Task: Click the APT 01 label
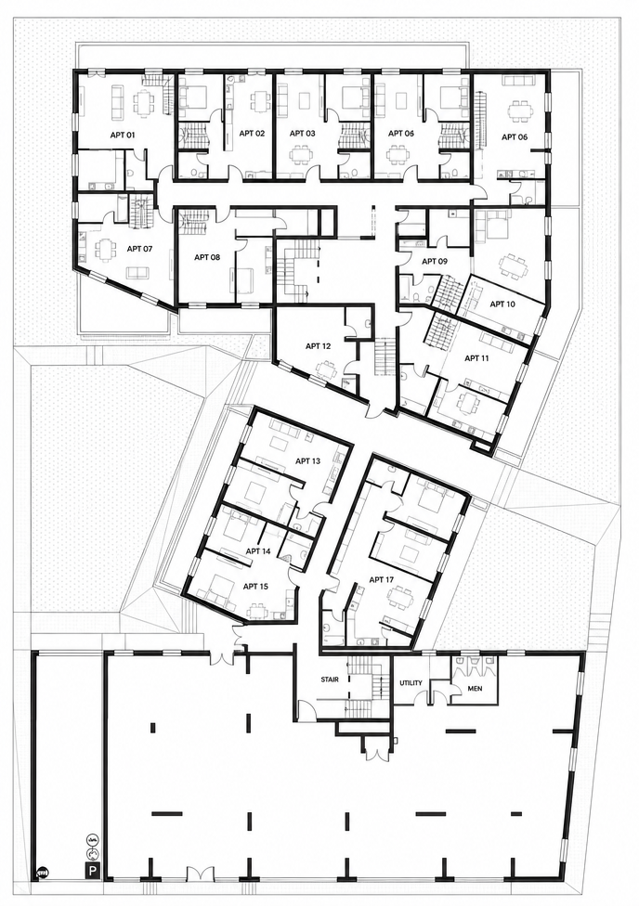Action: click(x=123, y=135)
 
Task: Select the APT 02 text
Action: click(x=252, y=133)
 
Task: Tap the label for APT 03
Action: click(x=303, y=133)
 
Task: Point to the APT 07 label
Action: click(x=139, y=249)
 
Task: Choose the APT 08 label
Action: click(x=207, y=256)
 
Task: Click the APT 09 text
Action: click(x=435, y=261)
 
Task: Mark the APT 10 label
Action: click(x=502, y=304)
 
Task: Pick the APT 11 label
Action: click(x=476, y=358)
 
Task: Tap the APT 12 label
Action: click(x=318, y=346)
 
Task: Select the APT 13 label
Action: click(x=307, y=461)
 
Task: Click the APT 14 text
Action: click(x=258, y=551)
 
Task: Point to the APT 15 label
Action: click(x=255, y=587)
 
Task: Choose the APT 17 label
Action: click(x=382, y=579)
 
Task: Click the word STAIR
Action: click(x=330, y=679)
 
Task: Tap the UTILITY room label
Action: click(x=411, y=683)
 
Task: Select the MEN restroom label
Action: click(x=475, y=689)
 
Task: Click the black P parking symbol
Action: click(x=91, y=869)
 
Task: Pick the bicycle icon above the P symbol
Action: click(x=91, y=838)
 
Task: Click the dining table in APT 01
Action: click(x=142, y=102)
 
